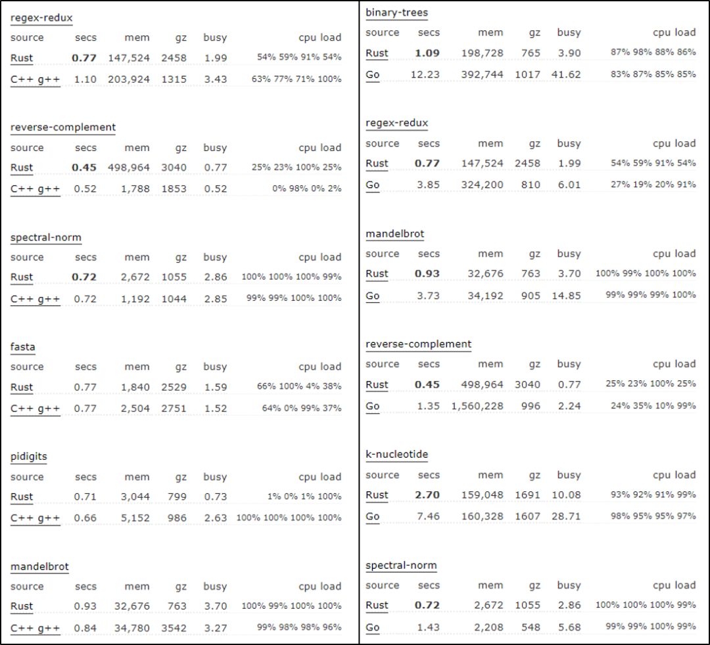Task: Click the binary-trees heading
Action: [396, 12]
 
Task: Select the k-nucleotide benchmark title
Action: [397, 455]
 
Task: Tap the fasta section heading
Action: [23, 347]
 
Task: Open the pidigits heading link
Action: [29, 456]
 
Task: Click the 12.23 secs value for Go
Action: [425, 74]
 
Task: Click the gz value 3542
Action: [174, 628]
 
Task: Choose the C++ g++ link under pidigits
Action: [35, 518]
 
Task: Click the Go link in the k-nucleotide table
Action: [373, 516]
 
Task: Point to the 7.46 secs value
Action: [428, 516]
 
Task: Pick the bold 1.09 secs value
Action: [427, 53]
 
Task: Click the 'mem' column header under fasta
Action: [137, 367]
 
